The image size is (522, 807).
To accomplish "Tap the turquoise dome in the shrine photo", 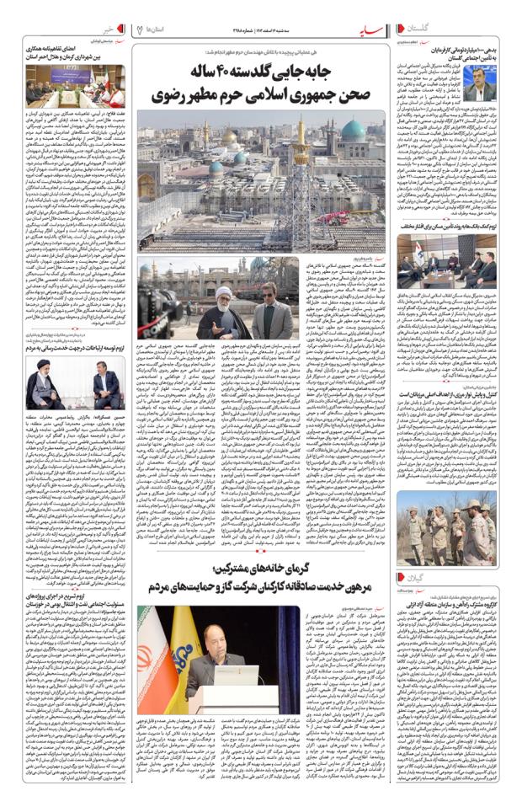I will tap(353, 129).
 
